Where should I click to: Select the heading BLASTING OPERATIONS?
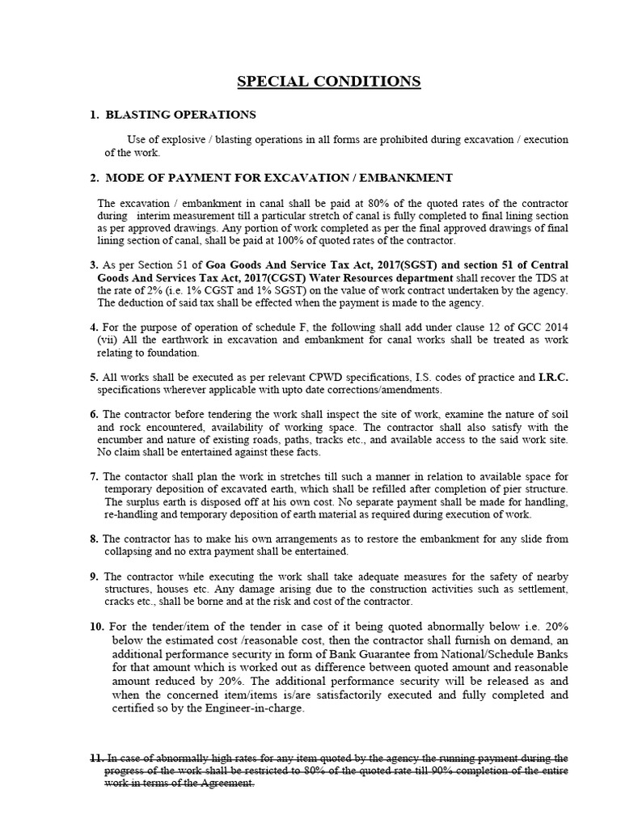(x=181, y=115)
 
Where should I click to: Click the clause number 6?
(x=94, y=414)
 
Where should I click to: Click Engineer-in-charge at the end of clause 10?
(x=257, y=709)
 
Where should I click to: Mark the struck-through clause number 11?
(x=97, y=758)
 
